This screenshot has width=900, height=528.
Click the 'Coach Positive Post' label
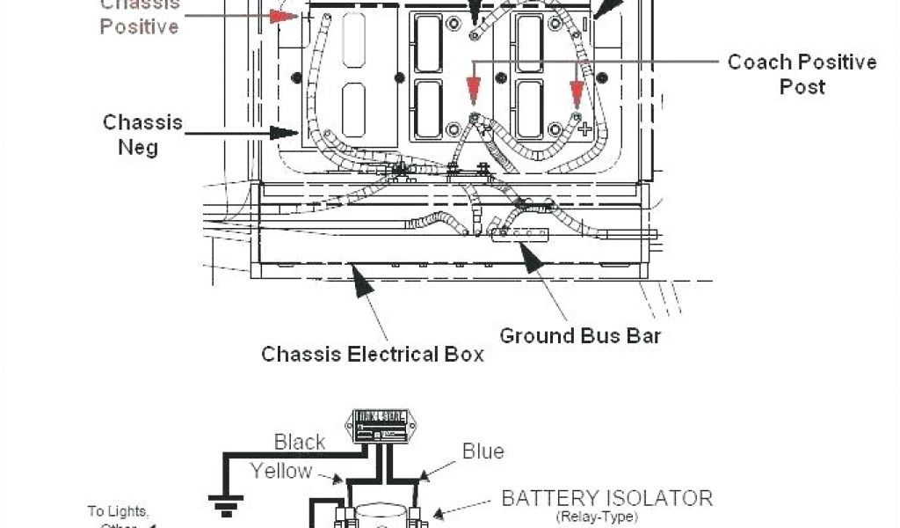coord(802,74)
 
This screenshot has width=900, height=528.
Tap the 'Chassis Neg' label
coord(142,134)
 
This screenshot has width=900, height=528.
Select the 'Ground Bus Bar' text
coord(580,335)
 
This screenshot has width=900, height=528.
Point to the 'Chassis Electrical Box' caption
coord(373,354)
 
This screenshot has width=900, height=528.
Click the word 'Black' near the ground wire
coord(300,442)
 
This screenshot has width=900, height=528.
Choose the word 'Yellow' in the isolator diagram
coord(281,471)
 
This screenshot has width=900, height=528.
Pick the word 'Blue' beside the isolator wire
coord(483,451)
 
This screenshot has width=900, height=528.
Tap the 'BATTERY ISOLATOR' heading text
coord(606,498)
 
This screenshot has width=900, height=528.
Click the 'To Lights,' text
coord(119,510)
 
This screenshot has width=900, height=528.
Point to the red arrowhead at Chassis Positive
coord(284,16)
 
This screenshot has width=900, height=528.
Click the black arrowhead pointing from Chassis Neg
coord(286,134)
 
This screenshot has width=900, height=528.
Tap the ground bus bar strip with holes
coord(520,234)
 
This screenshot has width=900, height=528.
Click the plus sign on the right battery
coord(586,128)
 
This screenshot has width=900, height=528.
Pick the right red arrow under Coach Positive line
coord(577,92)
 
